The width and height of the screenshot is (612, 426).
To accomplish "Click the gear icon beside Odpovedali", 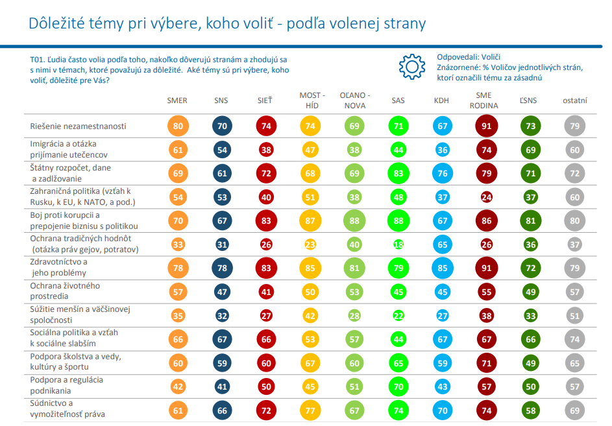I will pos(411,67).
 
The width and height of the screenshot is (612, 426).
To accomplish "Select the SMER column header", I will pos(177,101).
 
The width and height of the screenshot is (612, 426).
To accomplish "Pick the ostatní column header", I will pos(574,101).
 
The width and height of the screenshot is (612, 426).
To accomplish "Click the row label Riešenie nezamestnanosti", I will pos(79,126).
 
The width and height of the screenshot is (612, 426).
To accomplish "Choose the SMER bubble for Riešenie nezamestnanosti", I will pos(177,126).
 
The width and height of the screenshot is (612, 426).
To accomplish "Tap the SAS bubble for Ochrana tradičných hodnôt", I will pos(398,244).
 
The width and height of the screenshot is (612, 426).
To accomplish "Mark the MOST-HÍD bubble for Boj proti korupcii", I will pos(310,220).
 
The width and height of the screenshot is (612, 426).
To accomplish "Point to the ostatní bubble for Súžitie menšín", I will pos(574,314).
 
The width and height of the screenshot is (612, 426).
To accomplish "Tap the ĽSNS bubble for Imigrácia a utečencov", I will pos(531,150).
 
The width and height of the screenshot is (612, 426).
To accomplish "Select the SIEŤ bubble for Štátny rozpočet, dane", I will pos(265,173).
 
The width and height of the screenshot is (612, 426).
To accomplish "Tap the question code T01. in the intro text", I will pos(38,58).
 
